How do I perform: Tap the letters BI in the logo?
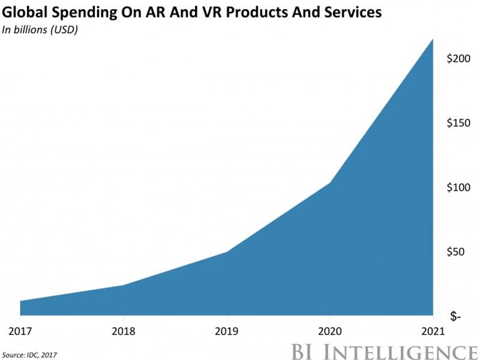coord(304,351)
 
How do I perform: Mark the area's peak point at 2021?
coord(433,39)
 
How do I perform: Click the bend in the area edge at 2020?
coord(329,182)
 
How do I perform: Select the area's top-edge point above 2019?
coord(226,251)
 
